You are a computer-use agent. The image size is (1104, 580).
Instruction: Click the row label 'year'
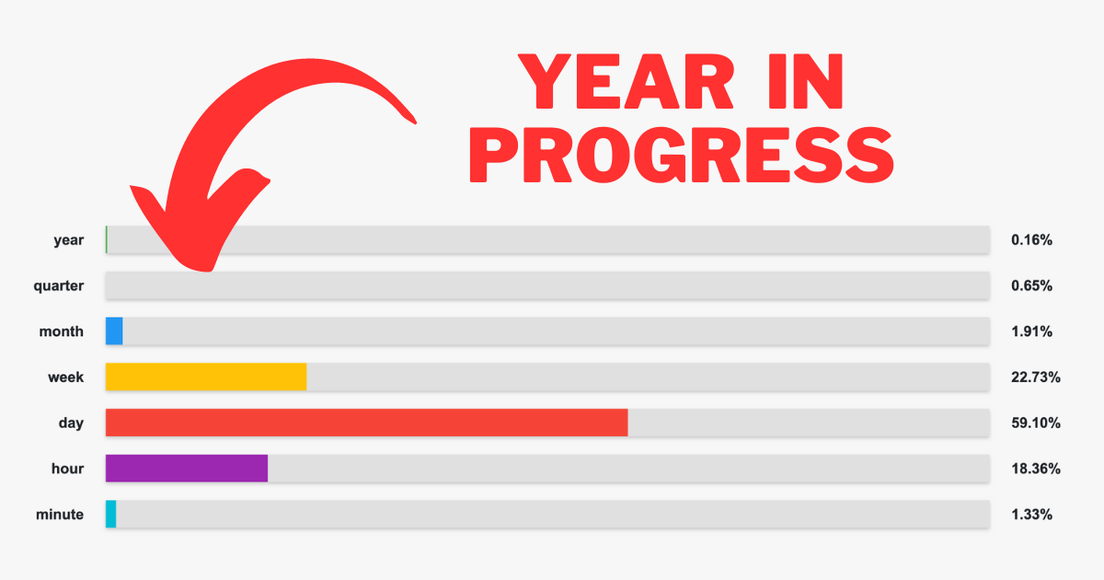(68, 240)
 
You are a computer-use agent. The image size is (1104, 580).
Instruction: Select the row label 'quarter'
(59, 286)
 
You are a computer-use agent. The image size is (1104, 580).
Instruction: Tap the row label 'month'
(61, 331)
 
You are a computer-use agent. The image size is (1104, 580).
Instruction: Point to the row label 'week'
(66, 377)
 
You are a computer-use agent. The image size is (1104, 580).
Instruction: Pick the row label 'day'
(71, 423)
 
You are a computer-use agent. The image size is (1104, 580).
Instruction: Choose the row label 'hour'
(67, 469)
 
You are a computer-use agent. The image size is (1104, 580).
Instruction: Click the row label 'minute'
(61, 515)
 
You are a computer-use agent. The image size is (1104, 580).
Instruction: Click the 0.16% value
(1031, 240)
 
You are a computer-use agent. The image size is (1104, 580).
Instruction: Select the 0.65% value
(1031, 286)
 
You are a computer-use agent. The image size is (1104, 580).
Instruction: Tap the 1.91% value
(1031, 331)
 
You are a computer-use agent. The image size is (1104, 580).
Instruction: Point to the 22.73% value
(1035, 377)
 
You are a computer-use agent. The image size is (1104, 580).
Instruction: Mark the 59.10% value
(1035, 423)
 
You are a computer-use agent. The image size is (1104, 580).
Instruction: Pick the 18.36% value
(1035, 469)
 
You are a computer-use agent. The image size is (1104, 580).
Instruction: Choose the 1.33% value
(1031, 515)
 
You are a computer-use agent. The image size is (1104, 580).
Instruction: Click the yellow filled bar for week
(206, 377)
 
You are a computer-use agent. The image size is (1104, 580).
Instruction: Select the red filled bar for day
(366, 423)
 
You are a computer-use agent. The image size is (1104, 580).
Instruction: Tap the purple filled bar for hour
(187, 468)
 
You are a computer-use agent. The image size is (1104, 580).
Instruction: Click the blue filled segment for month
(114, 331)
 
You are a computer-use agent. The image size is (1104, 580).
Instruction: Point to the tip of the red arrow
(210, 269)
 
